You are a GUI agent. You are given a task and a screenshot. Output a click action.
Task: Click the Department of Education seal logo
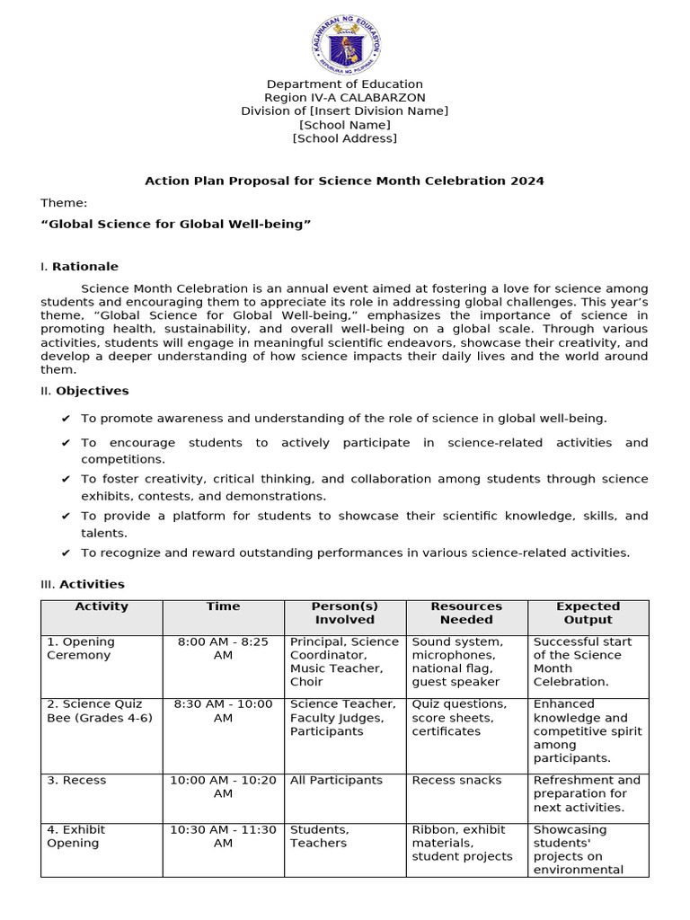click(x=345, y=43)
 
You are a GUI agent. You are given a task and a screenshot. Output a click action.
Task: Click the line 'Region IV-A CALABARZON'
click(x=345, y=97)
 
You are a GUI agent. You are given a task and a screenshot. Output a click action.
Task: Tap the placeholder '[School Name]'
click(x=345, y=125)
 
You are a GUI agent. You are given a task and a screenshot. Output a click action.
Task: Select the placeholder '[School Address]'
click(x=345, y=138)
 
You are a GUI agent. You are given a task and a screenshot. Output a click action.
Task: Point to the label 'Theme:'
click(x=64, y=203)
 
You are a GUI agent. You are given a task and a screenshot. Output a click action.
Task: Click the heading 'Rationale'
click(x=84, y=267)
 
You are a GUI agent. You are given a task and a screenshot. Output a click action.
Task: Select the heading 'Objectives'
click(x=92, y=391)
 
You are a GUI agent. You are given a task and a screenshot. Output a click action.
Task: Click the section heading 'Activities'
click(x=92, y=584)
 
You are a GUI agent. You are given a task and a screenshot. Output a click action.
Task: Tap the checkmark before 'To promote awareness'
click(x=66, y=419)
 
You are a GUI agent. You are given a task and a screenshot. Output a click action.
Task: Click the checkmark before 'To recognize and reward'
click(x=66, y=553)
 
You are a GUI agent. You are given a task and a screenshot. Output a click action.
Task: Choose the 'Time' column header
click(x=223, y=606)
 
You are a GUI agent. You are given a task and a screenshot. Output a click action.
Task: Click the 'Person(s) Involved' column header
click(x=345, y=613)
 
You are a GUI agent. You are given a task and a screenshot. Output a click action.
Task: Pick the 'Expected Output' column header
click(x=588, y=613)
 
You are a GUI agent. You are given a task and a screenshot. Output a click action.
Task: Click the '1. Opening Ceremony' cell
click(x=81, y=649)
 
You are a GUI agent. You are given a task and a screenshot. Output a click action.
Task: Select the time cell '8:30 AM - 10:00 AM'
click(x=223, y=711)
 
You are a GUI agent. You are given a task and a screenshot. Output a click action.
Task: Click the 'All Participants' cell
click(x=336, y=780)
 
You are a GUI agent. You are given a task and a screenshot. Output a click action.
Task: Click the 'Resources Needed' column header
click(x=466, y=613)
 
